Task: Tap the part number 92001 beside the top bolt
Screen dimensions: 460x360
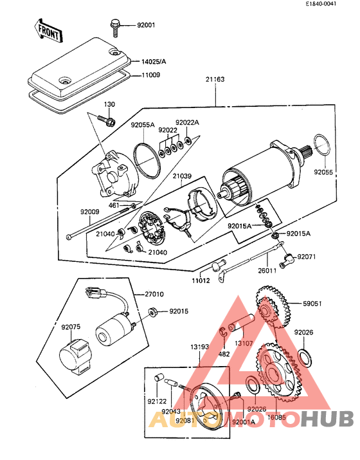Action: [146, 26]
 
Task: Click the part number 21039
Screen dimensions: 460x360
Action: [181, 176]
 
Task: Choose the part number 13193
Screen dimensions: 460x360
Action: [200, 347]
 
